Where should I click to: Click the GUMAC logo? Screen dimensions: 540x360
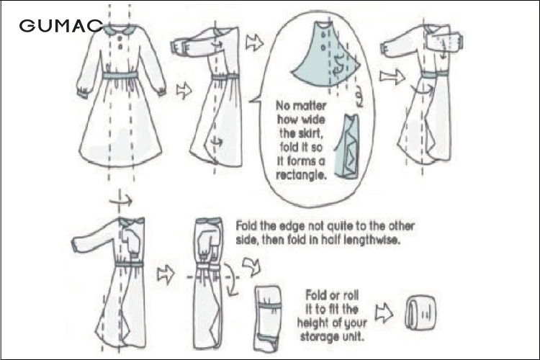61,26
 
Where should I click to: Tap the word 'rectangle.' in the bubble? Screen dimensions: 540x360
302,176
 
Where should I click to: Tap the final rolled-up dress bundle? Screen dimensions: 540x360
421,313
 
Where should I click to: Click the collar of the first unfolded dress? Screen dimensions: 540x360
120,30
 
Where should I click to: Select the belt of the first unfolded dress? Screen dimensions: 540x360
120,75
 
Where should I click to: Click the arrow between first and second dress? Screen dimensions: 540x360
184,91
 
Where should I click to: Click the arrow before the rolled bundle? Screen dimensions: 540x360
384,312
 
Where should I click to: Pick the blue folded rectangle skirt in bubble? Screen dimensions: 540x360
348,147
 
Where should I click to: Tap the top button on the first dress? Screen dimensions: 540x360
120,37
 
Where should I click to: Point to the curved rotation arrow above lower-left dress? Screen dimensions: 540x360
121,200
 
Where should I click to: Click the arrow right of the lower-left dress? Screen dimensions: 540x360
166,274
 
